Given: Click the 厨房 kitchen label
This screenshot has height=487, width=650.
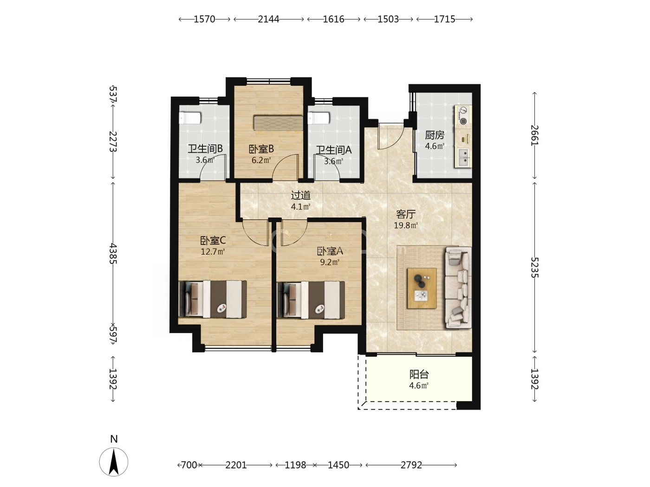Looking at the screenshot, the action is tap(435, 135).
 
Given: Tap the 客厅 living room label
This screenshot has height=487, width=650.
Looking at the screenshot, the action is tap(406, 214).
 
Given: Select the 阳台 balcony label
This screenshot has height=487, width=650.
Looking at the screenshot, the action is tap(419, 375).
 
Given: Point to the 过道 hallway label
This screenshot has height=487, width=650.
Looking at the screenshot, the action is tap(300, 195).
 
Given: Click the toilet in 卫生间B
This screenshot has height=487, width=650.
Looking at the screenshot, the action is tap(190, 118).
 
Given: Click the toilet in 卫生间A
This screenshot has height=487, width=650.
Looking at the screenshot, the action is tap(318, 118).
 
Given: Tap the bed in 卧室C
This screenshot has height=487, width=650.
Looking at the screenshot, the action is tap(213, 300).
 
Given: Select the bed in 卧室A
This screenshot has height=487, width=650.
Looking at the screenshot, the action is tap(311, 300).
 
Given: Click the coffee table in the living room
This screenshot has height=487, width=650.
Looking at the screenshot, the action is tap(422, 288).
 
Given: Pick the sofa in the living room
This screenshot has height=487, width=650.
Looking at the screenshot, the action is tap(458, 288).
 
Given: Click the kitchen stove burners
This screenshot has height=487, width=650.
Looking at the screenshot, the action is tap(462, 115).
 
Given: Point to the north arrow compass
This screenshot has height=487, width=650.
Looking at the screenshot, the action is tap(114, 462).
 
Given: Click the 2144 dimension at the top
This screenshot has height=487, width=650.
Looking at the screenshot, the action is tap(268, 19).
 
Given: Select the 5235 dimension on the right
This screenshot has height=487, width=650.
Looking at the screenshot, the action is tap(534, 268).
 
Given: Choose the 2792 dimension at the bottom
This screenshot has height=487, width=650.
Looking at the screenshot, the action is tap(411, 465).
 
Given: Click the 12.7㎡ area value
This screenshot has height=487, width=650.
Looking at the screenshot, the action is tap(213, 252).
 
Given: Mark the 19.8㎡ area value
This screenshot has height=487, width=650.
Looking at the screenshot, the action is tap(406, 225).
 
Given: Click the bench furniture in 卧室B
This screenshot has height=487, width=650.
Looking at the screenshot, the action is tap(278, 123).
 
